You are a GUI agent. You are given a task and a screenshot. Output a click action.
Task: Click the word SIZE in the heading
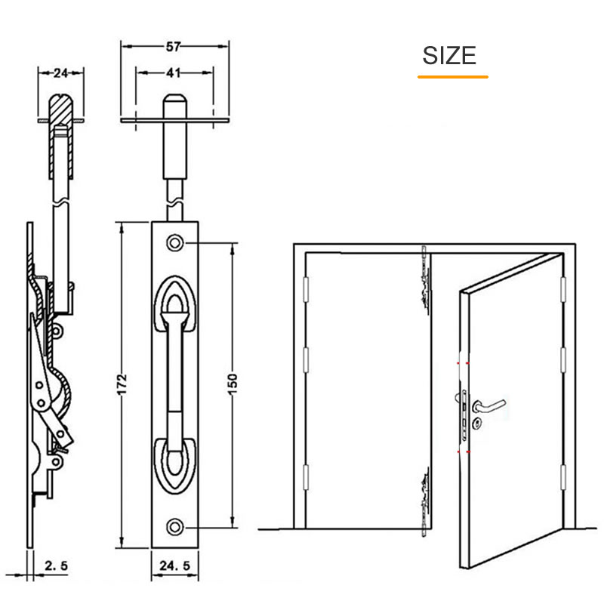tap(449, 55)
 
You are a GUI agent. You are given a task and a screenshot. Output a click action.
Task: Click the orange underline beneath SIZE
tap(452, 76)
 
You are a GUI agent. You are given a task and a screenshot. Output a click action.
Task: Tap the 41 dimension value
tap(173, 73)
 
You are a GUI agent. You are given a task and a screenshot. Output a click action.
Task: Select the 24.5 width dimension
tap(174, 564)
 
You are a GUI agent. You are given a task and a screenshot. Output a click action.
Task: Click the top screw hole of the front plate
tap(175, 243)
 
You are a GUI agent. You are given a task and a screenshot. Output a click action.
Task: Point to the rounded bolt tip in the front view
tap(174, 101)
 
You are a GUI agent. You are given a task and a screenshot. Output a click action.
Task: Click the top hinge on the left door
tap(306, 287)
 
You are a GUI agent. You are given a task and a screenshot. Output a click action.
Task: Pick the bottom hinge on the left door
tap(306, 477)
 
